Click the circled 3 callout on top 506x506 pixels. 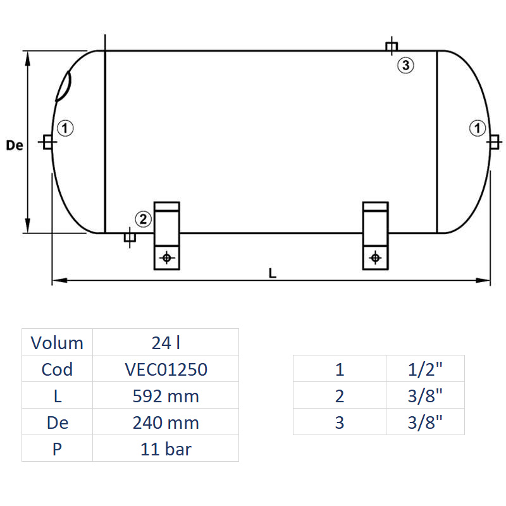coord(405,65)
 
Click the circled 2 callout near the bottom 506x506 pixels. coord(143,219)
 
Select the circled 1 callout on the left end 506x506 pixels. coord(66,128)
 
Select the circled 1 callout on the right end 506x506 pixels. coord(477,128)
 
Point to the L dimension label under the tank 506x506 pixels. coord(272,273)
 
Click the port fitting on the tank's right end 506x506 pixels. coord(493,142)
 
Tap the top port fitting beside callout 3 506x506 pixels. coord(392,46)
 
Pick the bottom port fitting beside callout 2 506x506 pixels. coord(129,238)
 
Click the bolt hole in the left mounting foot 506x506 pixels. coord(167,257)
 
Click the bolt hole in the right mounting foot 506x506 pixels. coord(375,257)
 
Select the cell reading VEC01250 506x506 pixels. coord(166,369)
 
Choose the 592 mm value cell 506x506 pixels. coord(166,396)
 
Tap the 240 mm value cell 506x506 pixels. coord(166,423)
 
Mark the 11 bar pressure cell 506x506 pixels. coord(166,449)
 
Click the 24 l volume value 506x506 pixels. coord(166,343)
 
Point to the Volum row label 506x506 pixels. coord(57,343)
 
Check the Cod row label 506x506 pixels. coord(57,369)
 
